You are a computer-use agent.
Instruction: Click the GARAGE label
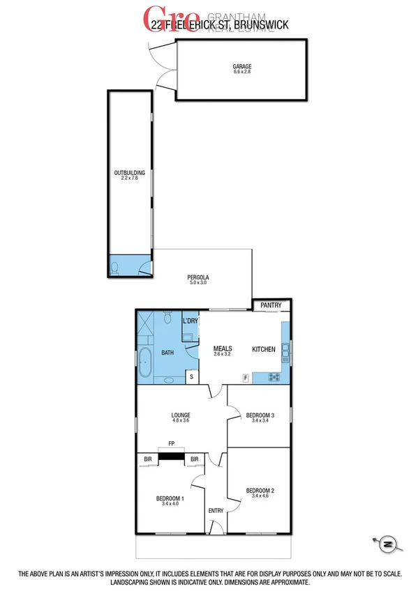click(242, 67)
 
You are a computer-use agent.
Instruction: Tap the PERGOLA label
click(198, 277)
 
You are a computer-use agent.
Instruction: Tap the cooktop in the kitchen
click(274, 378)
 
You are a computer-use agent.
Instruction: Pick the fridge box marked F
click(245, 377)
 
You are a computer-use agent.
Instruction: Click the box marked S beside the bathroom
click(191, 376)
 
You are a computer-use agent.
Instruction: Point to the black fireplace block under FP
click(170, 457)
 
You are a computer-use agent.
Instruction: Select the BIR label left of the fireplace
click(148, 459)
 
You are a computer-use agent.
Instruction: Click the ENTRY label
click(216, 511)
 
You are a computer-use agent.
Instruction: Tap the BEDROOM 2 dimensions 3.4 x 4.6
click(260, 498)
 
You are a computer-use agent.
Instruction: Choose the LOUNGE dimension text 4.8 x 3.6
click(181, 420)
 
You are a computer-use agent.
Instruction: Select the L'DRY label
click(190, 321)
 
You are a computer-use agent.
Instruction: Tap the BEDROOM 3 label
click(260, 415)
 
